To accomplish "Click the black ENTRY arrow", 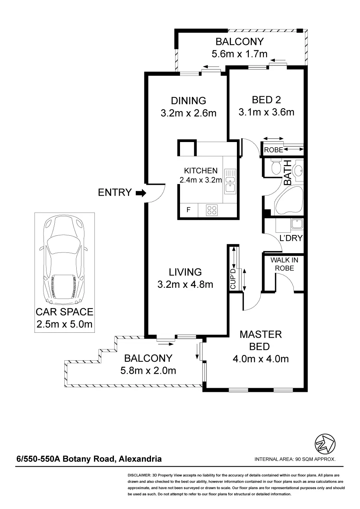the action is (x=141, y=193).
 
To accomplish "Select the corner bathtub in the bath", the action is (x=289, y=201).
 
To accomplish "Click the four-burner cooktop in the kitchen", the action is (x=212, y=210).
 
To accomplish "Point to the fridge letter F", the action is (x=188, y=209).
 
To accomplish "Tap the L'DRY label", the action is (x=291, y=238).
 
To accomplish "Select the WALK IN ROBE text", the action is (x=284, y=264).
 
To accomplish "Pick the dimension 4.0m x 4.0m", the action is (x=261, y=359).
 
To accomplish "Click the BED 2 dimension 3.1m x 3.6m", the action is (x=266, y=112).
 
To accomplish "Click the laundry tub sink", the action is (x=297, y=224).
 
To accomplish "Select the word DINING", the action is (x=189, y=101).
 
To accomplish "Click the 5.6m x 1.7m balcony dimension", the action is (x=240, y=54).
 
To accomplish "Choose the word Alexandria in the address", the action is (x=140, y=459).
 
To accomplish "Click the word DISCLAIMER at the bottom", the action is (x=139, y=475).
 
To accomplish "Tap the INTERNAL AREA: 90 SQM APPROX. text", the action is (x=295, y=459).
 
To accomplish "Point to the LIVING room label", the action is (x=185, y=272).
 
